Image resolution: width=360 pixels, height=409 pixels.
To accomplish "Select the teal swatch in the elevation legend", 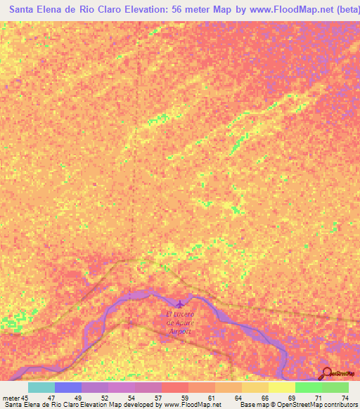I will (41, 387).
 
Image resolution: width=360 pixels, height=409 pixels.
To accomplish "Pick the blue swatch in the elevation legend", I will (68, 387).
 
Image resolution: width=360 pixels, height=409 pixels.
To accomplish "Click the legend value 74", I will (345, 398).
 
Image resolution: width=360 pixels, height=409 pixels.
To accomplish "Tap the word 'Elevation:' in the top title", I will (144, 11).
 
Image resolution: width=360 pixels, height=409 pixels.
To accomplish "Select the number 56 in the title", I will (178, 11).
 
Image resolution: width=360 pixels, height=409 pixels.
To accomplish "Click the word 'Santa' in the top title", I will (26, 11).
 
